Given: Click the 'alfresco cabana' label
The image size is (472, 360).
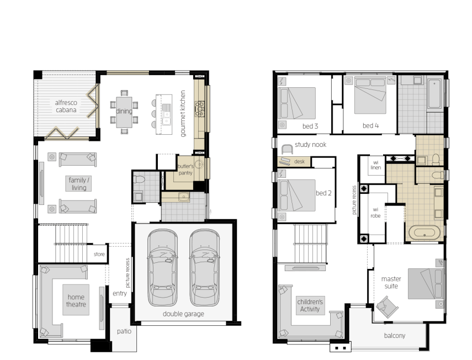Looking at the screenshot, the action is coord(66,106).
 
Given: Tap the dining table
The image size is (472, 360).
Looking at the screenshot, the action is coord(124,112).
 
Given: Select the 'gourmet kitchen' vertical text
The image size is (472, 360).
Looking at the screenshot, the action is coord(183,114).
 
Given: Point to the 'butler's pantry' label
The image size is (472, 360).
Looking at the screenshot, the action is coord(185,170).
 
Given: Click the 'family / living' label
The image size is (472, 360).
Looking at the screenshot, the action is coord(79,184).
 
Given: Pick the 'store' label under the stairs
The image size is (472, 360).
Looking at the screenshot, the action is coord(99,255).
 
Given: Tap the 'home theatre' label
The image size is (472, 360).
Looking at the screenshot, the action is coord(76,301).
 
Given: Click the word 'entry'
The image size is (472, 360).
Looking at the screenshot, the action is coord(119,294).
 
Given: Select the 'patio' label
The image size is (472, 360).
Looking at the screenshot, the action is coord(124,331).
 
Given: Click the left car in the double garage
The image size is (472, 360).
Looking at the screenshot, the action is coord(162,268).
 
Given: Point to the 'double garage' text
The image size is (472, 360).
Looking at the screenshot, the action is coord(183,314).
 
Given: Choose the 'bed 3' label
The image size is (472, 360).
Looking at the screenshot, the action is coord(310,126).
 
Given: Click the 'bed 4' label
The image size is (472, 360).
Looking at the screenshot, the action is coord(370,126).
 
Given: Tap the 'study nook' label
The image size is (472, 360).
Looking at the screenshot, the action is coord(311,145).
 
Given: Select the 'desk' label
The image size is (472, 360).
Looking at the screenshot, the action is coord(299,162).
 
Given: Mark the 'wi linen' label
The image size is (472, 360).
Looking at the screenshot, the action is coord(376,165).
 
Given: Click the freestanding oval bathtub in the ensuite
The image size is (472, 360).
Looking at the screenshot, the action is coord(425,232).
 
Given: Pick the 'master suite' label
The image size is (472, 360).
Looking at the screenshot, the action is coord(391,283).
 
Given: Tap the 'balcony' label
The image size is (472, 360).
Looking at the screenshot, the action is coord(395,336).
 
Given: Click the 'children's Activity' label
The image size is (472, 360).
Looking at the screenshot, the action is coord(310,305).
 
